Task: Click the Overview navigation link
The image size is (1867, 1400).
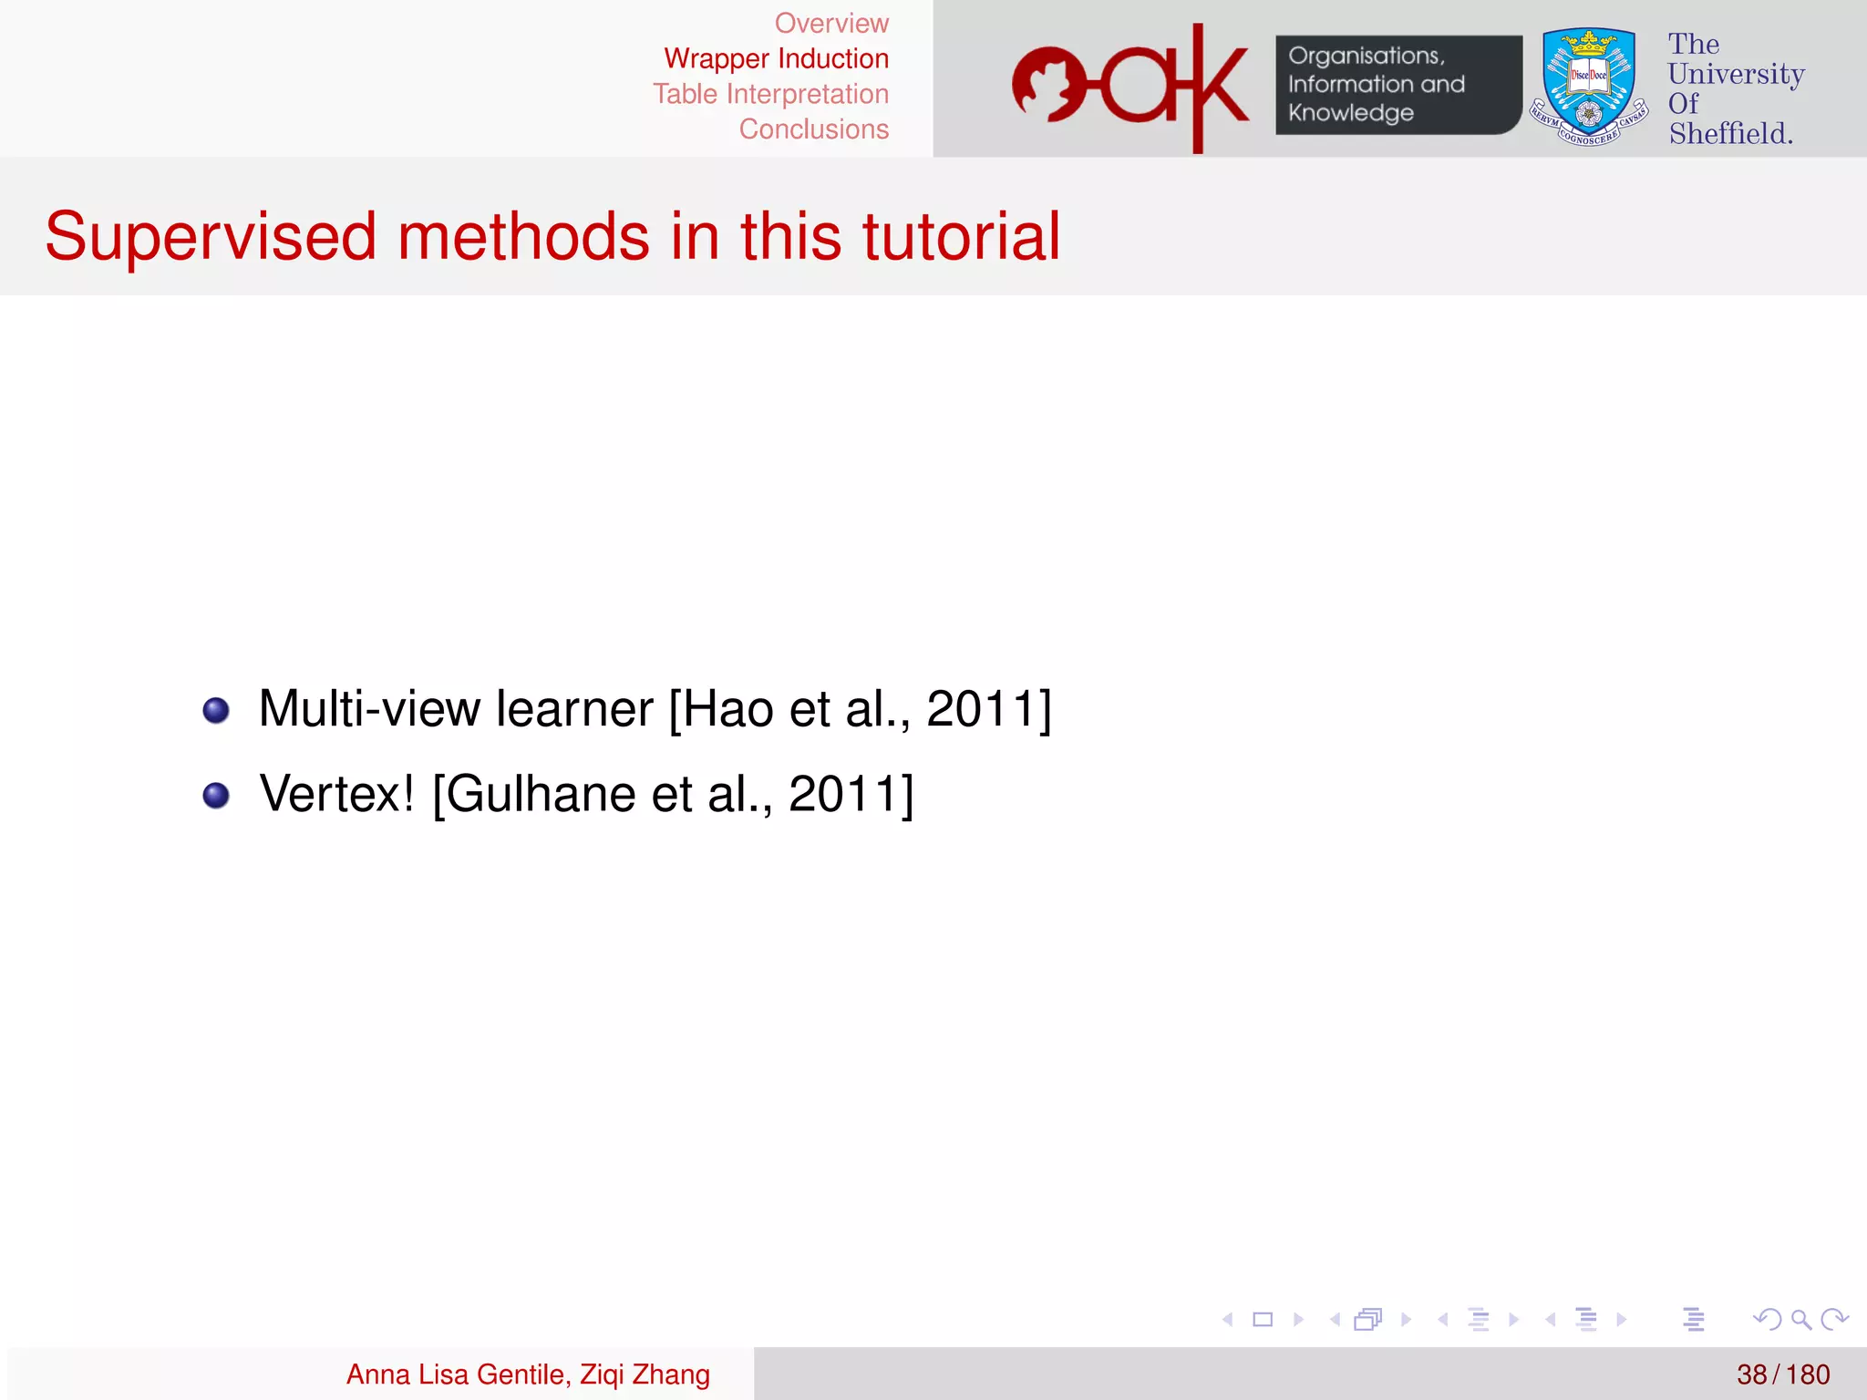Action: (x=830, y=23)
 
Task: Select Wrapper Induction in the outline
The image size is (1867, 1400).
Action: (x=776, y=58)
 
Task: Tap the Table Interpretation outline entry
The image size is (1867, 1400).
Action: (x=770, y=94)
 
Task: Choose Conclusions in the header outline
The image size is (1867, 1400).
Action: (x=813, y=129)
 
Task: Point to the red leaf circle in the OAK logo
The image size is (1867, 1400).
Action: (x=1048, y=85)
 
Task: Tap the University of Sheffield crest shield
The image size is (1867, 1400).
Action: (x=1588, y=84)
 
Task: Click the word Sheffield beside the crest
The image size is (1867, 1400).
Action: (x=1729, y=134)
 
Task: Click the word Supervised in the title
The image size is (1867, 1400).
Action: (x=210, y=237)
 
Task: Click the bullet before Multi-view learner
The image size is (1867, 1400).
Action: (x=216, y=710)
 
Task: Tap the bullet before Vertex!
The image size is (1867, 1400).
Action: (x=216, y=795)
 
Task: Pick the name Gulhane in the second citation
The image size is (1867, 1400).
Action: (x=542, y=794)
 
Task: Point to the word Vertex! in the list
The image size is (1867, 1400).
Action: (x=336, y=794)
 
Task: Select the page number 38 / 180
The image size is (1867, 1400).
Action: (x=1782, y=1374)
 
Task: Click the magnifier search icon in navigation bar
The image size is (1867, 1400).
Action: (x=1800, y=1319)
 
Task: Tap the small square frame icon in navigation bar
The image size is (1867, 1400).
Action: (x=1263, y=1319)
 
